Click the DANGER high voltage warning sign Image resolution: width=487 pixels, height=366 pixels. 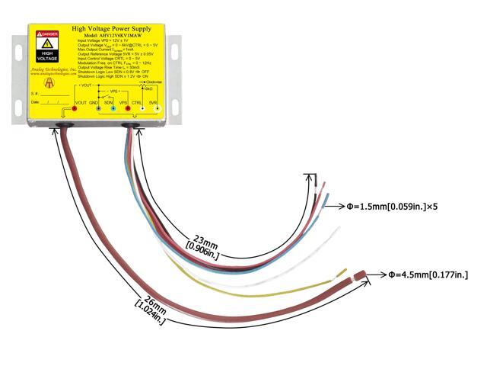tap(48, 46)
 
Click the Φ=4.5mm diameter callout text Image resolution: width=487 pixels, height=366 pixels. tap(427, 274)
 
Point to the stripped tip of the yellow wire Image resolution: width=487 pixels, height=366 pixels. tap(343, 271)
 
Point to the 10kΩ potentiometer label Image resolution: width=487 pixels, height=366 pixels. tap(158, 88)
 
